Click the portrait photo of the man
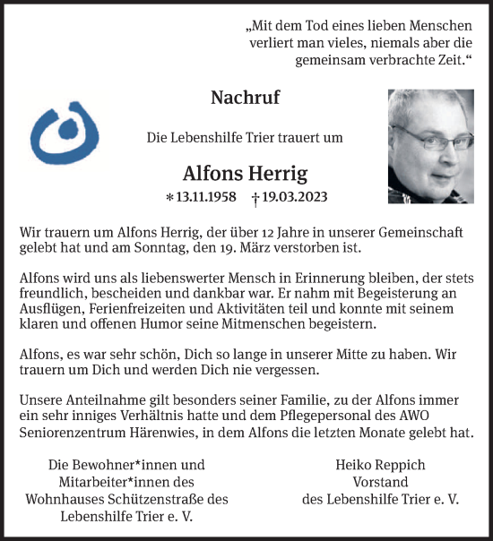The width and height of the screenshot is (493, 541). pos(431,145)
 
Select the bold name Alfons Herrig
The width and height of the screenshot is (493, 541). pos(244,172)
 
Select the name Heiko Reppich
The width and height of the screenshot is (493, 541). pos(381,465)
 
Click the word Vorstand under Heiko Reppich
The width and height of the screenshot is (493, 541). pos(381,482)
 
